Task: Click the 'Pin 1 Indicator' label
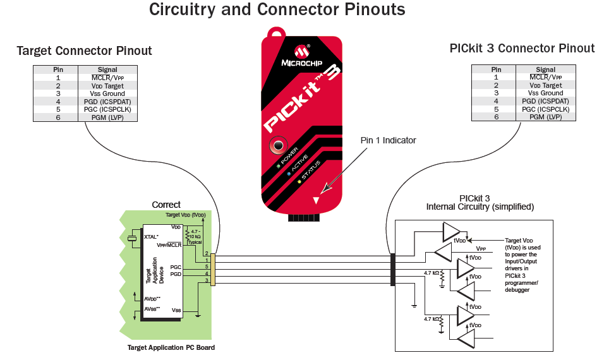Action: (x=388, y=140)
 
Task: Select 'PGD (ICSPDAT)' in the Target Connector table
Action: (x=107, y=102)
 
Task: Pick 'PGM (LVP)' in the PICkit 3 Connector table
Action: (x=545, y=117)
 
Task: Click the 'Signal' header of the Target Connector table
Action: (x=107, y=69)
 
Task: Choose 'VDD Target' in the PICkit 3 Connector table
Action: (x=545, y=85)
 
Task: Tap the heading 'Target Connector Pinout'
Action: (x=85, y=51)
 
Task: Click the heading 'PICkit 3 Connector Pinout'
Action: (x=522, y=49)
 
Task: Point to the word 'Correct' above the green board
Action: (x=166, y=205)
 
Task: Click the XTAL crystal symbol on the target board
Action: (x=132, y=239)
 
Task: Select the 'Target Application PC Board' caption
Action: (x=171, y=347)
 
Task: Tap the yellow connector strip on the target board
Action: (x=213, y=270)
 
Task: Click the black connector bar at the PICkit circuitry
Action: (x=392, y=270)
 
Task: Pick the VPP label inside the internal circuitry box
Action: (x=481, y=249)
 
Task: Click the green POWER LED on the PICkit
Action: (x=277, y=166)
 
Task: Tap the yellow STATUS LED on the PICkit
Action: (x=299, y=181)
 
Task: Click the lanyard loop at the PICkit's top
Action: (x=276, y=32)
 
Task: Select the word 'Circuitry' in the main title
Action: (x=182, y=9)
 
